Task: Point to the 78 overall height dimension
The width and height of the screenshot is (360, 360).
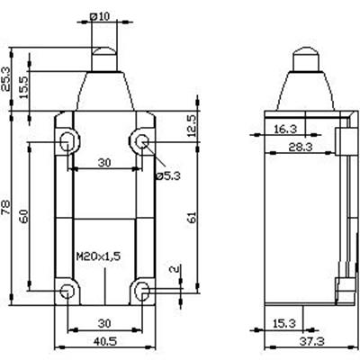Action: (x=7, y=208)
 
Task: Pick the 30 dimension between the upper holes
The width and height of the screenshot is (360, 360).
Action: (x=104, y=163)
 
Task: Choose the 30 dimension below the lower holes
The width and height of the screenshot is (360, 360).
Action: (x=104, y=323)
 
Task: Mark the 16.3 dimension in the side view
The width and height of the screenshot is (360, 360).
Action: (x=284, y=129)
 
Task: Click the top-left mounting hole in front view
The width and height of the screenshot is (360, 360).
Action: (x=69, y=139)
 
